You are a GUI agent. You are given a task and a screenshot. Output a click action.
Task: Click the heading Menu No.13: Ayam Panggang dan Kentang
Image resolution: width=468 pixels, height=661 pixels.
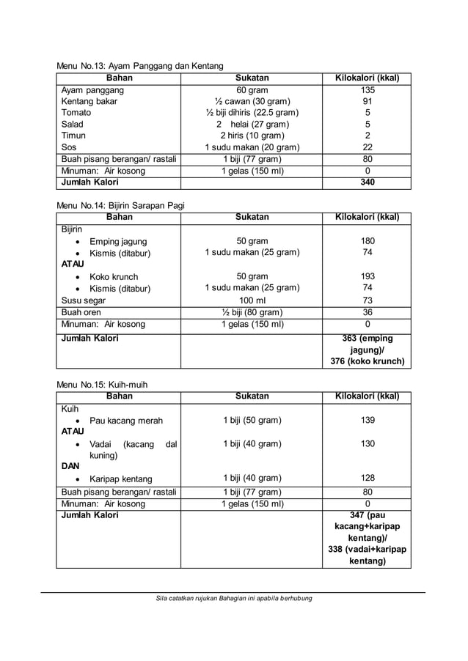[x=140, y=66]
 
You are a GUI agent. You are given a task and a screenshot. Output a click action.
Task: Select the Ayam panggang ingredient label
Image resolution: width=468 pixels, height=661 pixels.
[x=92, y=91]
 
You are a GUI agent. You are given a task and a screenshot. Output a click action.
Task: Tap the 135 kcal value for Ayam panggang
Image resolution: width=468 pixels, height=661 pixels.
[x=368, y=91]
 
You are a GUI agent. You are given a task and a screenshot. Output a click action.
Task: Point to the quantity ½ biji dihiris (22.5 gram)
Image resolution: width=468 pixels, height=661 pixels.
[x=252, y=113]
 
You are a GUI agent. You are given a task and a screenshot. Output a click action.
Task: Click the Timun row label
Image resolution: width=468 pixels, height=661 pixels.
[x=73, y=136]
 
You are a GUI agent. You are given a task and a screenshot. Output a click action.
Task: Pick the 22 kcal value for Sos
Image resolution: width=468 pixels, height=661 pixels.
[x=368, y=147]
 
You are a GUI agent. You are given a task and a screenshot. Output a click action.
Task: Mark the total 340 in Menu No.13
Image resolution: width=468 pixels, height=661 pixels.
[x=368, y=182]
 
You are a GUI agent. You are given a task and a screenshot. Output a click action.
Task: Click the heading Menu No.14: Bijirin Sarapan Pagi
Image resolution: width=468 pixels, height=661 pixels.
[x=121, y=205]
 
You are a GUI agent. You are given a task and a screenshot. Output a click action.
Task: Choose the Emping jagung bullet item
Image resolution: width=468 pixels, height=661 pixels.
[x=118, y=242]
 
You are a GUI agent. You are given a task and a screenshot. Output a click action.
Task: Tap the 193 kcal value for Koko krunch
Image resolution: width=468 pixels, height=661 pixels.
[x=368, y=277]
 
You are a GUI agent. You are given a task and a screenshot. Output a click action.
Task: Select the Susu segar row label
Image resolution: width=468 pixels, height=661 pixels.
[x=84, y=300]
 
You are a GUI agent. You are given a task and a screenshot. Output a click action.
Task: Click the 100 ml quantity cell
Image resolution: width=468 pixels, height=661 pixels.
[x=252, y=300]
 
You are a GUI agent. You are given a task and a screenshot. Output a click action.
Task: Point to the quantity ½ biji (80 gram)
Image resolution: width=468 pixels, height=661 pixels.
[x=252, y=312]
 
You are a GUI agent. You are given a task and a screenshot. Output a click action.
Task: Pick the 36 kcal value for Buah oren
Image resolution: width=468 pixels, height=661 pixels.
[x=368, y=312]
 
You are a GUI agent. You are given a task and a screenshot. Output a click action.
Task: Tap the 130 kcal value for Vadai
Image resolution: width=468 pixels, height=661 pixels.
[x=368, y=444]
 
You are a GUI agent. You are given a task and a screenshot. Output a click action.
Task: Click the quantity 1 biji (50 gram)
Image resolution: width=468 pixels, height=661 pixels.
[x=252, y=421]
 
